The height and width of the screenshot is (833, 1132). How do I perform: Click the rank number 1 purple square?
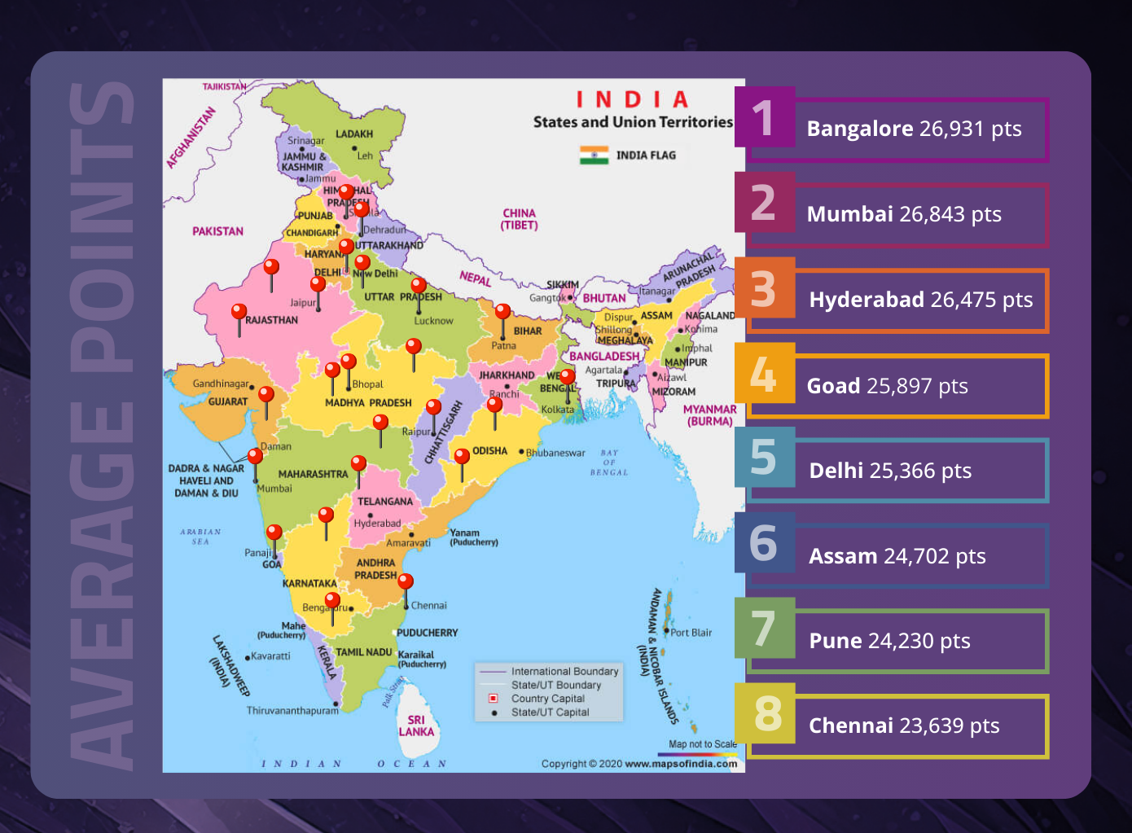coord(764,117)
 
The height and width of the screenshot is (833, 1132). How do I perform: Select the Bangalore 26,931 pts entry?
coord(914,129)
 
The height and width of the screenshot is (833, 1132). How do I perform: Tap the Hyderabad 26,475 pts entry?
coord(920,300)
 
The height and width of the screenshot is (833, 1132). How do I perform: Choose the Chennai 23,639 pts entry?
coord(904,726)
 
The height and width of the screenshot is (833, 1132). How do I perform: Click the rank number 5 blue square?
coord(764,458)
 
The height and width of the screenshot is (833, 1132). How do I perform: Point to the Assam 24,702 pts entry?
coord(897,556)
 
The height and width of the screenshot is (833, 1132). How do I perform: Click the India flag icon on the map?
coord(594,155)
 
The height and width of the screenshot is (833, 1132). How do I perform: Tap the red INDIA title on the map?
coord(633,99)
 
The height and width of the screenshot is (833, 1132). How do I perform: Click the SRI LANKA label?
coord(416,726)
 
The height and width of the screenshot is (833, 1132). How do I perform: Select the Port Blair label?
coord(691,633)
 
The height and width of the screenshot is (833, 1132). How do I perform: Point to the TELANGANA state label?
coord(384,502)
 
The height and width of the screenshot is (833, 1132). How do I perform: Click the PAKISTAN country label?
coord(217,231)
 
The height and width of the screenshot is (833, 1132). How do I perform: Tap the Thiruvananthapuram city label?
coord(292,711)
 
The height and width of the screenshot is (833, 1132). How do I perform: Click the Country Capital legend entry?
coord(547,699)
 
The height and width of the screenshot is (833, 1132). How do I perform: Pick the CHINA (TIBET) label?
coord(519,219)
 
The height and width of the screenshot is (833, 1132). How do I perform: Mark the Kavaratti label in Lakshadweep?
coord(270,655)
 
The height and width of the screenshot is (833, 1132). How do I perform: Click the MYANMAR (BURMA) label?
coord(709,415)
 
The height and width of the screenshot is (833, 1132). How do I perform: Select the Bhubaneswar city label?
coord(555,453)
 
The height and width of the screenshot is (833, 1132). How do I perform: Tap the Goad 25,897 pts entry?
coord(887,386)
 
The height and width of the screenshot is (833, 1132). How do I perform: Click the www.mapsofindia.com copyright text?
coord(681,764)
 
